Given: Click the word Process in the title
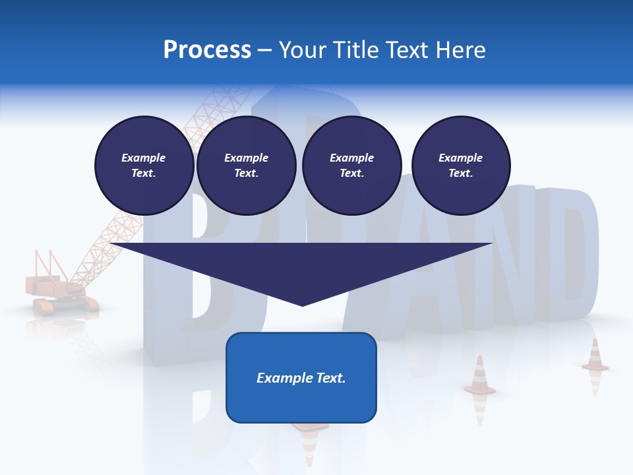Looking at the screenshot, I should click(x=207, y=50).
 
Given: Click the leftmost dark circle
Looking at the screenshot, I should click(x=144, y=166).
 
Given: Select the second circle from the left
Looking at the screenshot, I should click(x=246, y=166).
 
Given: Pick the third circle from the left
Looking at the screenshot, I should click(x=351, y=166).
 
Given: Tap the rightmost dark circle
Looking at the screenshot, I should click(x=460, y=166).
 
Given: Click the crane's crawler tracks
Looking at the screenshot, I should click(x=66, y=304).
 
